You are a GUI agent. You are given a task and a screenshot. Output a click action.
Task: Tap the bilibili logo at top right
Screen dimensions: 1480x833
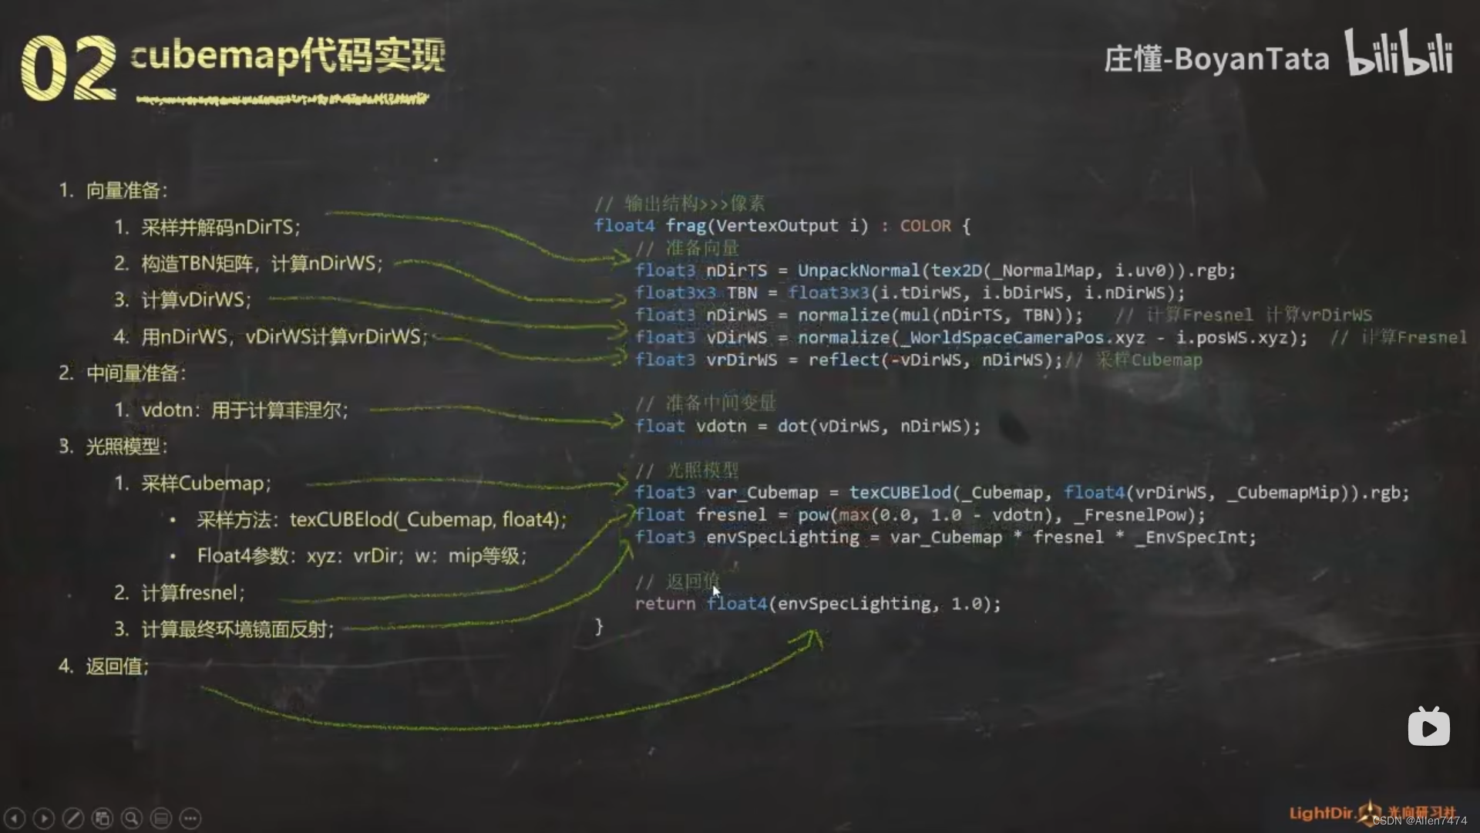[x=1398, y=54]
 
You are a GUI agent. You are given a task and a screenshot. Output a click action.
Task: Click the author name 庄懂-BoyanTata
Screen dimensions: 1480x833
[x=1216, y=59]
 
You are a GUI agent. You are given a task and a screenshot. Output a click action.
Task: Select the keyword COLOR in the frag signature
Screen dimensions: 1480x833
[x=925, y=226]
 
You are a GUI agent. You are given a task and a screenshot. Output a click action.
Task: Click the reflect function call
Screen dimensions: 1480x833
[x=843, y=360]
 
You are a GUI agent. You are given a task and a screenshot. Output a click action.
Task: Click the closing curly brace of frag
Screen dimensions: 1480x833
[x=599, y=626]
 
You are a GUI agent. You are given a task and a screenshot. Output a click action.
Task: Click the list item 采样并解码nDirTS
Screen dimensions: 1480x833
[x=220, y=228]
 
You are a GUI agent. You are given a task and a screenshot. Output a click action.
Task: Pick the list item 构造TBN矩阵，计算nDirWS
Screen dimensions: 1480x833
[x=261, y=264]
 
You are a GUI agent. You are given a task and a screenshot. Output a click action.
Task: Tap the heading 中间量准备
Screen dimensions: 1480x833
[x=135, y=373]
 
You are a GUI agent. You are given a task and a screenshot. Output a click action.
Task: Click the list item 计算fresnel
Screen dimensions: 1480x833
[x=192, y=593]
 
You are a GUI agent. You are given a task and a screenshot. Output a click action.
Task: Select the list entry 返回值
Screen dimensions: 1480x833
[x=116, y=666]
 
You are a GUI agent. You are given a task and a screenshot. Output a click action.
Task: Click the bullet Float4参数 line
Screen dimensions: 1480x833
[x=361, y=556]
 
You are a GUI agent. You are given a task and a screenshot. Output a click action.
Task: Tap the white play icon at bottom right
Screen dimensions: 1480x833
[x=1428, y=727]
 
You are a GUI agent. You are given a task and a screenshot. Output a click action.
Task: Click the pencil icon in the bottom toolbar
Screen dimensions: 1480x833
[x=73, y=818]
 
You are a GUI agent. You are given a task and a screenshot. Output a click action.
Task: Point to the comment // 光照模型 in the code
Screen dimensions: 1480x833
[x=687, y=470]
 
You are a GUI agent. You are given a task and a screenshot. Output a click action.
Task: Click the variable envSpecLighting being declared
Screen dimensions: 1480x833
[x=782, y=538]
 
